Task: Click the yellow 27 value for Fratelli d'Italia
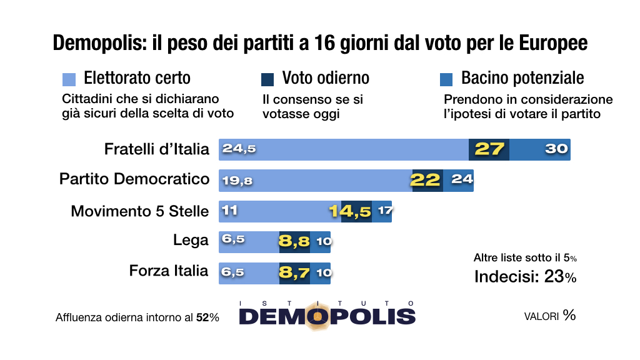click(x=489, y=149)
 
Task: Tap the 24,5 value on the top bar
click(x=239, y=149)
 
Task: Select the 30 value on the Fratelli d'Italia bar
click(x=556, y=149)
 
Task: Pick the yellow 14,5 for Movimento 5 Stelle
click(x=351, y=211)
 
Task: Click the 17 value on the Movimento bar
click(x=384, y=211)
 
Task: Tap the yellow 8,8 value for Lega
click(x=294, y=241)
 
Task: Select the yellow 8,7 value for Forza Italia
click(x=294, y=272)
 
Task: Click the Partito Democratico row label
click(x=134, y=179)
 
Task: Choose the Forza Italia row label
click(x=169, y=271)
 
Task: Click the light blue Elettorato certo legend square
click(x=69, y=79)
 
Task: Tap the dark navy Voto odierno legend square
click(x=267, y=79)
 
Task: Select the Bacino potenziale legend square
click(x=446, y=79)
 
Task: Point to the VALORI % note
click(x=549, y=316)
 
